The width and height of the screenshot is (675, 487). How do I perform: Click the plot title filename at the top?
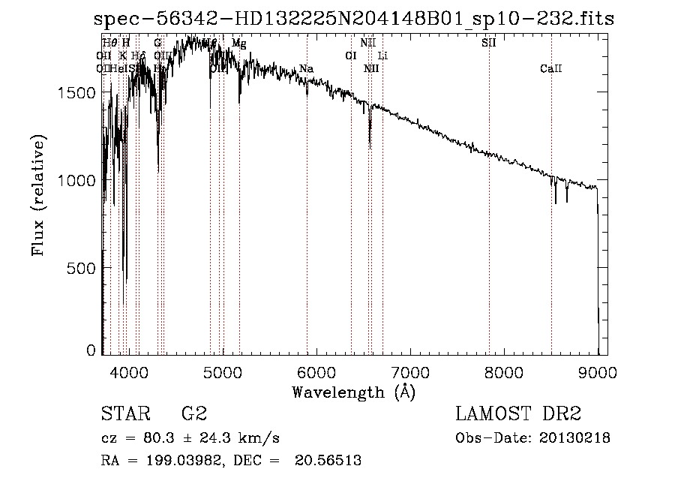353,19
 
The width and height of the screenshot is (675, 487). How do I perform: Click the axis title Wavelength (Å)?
353,392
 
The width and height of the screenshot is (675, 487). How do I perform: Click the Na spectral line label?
306,69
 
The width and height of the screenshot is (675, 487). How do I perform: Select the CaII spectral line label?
550,69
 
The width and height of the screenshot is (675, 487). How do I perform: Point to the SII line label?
488,43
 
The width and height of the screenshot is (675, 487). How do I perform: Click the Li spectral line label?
382,56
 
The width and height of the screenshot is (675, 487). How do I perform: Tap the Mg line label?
238,44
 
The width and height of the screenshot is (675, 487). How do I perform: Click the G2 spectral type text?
193,414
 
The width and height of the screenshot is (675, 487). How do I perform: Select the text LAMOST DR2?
518,414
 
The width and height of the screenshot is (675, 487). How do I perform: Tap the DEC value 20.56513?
329,461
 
